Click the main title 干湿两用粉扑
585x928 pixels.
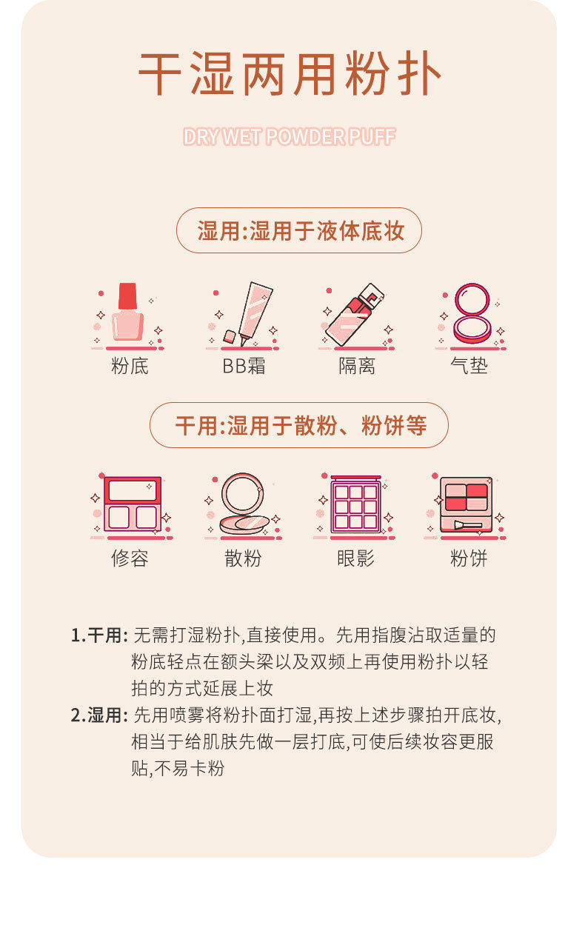[290, 74]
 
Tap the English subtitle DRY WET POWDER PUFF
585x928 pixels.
[290, 137]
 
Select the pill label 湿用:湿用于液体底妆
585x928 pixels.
[299, 231]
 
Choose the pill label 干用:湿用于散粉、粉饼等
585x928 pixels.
[299, 426]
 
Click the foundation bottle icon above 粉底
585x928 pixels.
[128, 314]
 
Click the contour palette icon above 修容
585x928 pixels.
[131, 504]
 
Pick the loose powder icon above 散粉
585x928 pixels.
[243, 504]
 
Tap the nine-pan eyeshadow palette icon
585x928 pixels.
[356, 504]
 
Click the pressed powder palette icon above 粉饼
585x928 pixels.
[466, 504]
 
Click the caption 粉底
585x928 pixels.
[130, 366]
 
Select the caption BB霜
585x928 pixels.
[244, 366]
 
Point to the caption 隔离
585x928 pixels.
[357, 366]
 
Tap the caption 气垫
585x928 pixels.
[469, 366]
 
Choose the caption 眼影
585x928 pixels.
[356, 558]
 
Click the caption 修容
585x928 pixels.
[130, 558]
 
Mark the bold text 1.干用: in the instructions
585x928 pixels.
[100, 635]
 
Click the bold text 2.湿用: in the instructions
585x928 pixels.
[100, 715]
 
